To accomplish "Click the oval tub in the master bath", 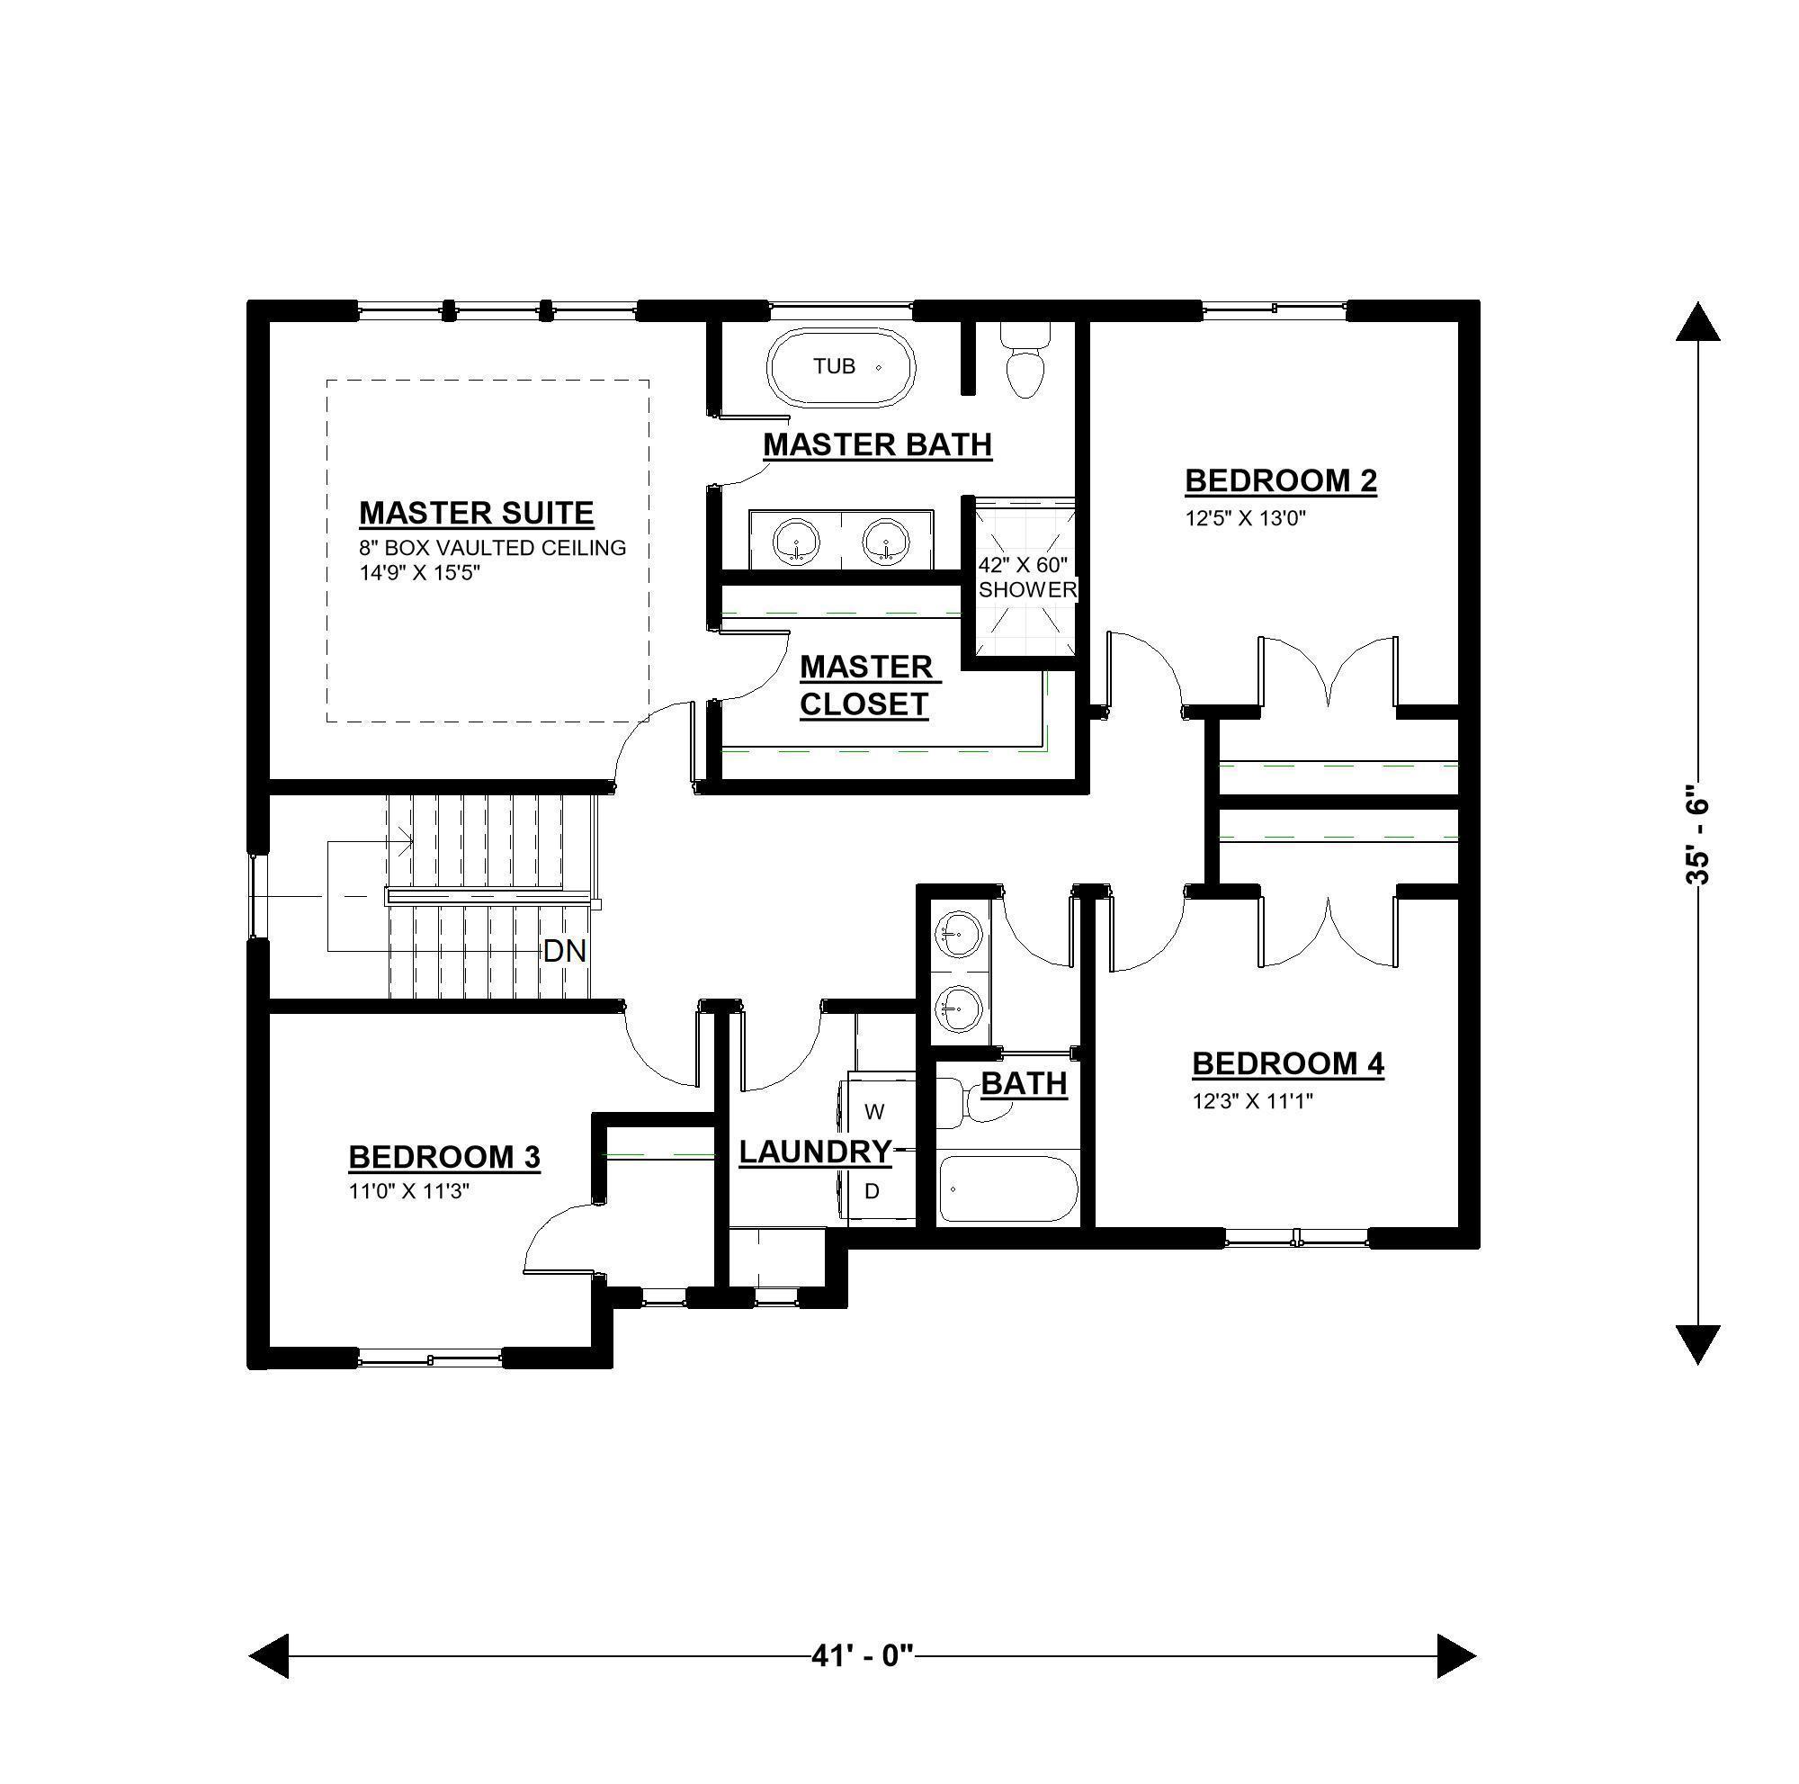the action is click(x=841, y=366).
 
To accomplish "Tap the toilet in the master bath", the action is click(x=1025, y=361).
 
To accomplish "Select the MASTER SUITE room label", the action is click(x=476, y=513).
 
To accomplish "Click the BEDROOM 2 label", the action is click(x=1280, y=480).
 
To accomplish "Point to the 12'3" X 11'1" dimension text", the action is click(x=1252, y=1101).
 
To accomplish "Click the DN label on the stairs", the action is click(x=564, y=951).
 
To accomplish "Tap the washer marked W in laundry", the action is click(x=875, y=1111).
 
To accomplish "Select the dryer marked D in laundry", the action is click(x=873, y=1191).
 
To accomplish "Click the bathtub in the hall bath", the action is click(x=1007, y=1188).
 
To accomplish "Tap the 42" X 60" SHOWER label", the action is click(x=1026, y=577).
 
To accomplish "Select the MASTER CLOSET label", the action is click(x=869, y=686).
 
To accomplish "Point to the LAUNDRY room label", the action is click(x=815, y=1152).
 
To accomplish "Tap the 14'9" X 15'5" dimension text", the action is click(x=419, y=573).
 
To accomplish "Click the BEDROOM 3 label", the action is click(x=444, y=1156).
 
